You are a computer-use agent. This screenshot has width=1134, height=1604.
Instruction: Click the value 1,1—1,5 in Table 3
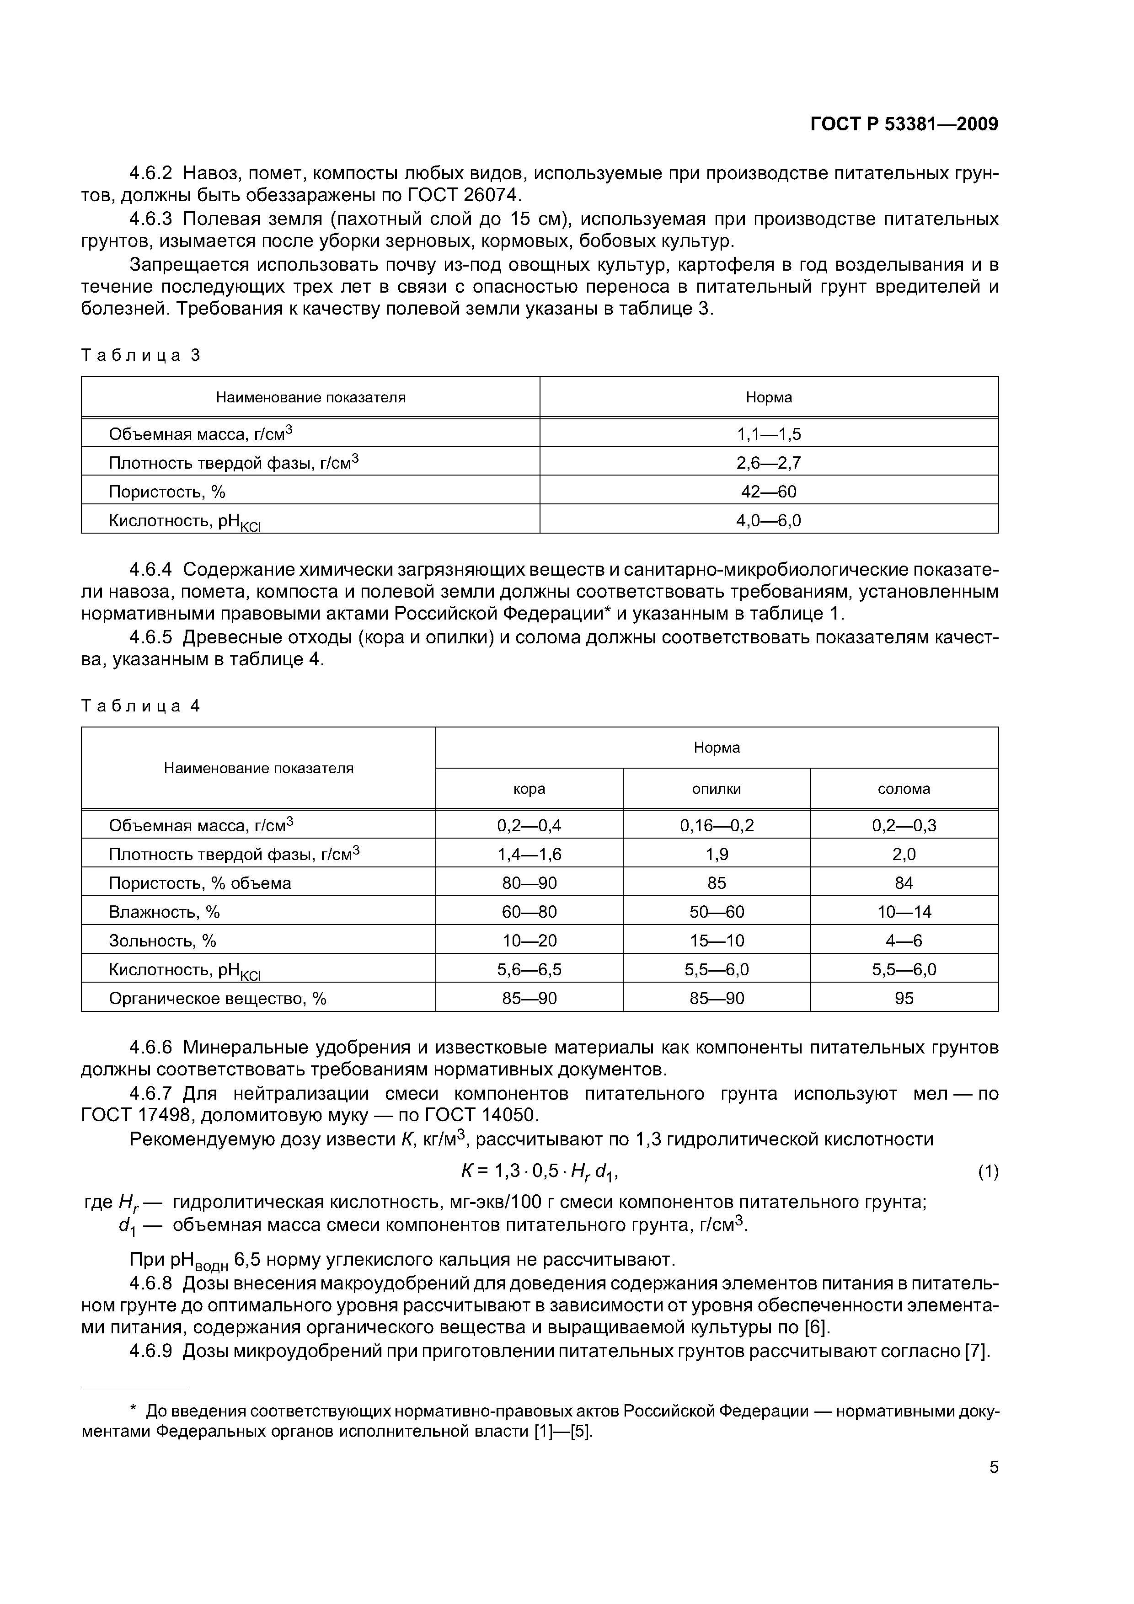point(769,434)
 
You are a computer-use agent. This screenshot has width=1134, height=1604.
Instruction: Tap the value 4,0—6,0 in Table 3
point(769,520)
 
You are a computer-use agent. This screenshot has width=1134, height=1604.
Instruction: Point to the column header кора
point(529,789)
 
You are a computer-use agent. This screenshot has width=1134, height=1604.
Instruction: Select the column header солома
point(904,789)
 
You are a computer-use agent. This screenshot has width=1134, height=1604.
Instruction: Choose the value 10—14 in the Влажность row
point(904,912)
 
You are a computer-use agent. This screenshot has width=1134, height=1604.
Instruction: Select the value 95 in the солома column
point(904,998)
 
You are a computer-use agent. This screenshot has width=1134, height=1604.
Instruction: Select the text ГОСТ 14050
point(475,1116)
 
